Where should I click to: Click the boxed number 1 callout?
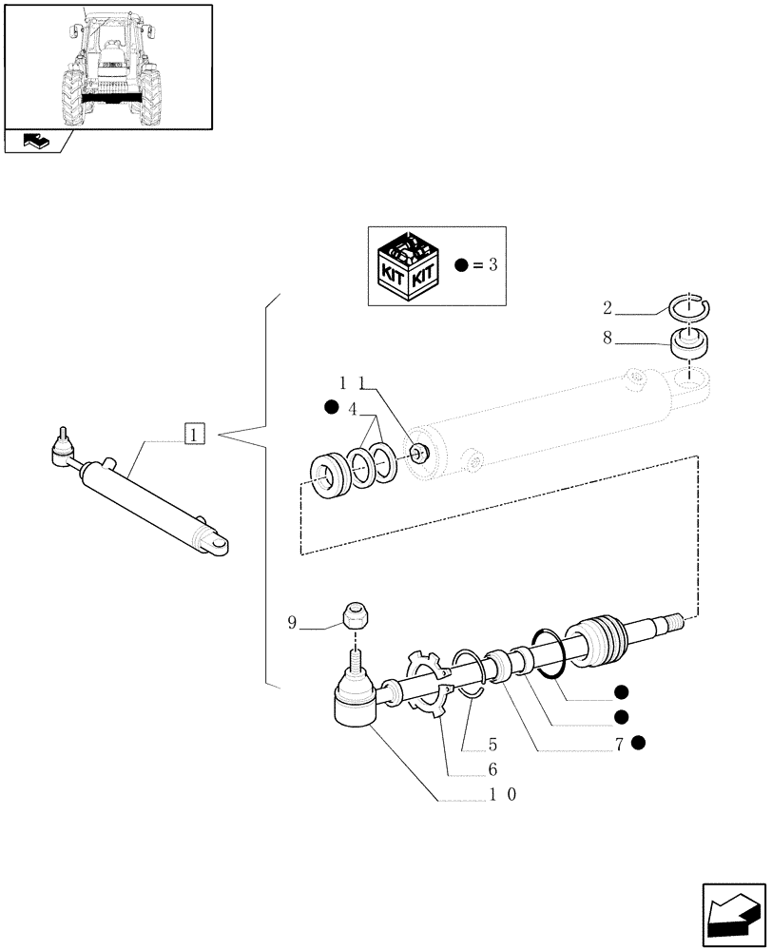193,436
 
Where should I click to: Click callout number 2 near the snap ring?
608,309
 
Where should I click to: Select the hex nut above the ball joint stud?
357,615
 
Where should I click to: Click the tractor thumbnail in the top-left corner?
107,66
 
